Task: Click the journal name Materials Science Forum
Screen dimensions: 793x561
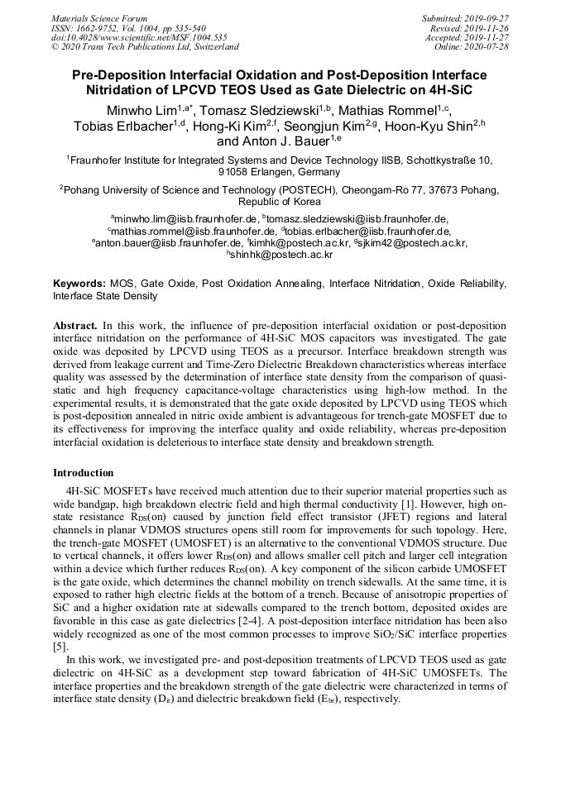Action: (x=99, y=18)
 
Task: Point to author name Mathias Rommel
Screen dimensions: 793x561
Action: (x=394, y=110)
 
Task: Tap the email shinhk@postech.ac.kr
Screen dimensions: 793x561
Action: (x=281, y=256)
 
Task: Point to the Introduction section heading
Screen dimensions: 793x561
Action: (x=84, y=473)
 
